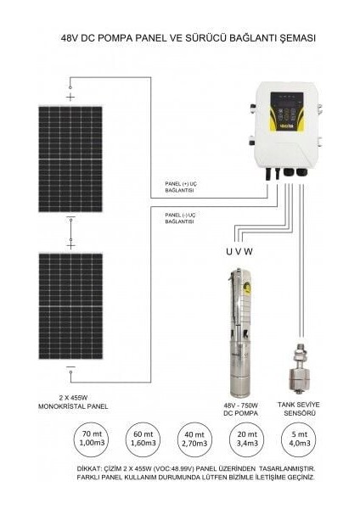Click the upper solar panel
coord(70,159)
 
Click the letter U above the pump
coord(228,252)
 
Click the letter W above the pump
coord(252,252)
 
